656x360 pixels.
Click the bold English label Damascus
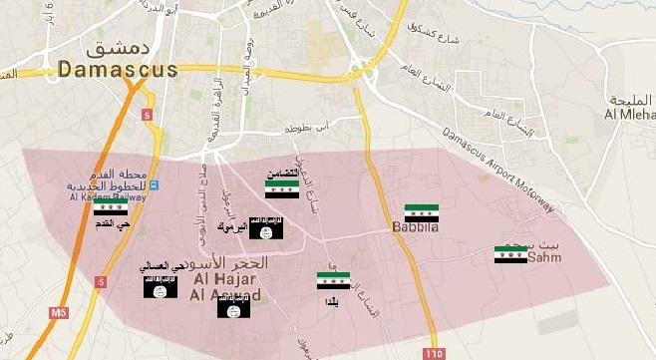[x=117, y=69]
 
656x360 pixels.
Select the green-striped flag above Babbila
[x=422, y=212]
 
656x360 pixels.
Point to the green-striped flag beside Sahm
[x=510, y=254]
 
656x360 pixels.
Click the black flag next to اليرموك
[x=266, y=230]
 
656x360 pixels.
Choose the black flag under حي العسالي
[x=161, y=288]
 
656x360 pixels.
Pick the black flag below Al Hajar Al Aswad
[x=234, y=307]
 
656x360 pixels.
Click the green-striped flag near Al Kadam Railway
[x=110, y=206]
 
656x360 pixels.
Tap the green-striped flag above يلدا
[x=333, y=281]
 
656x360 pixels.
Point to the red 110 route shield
[x=433, y=353]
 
